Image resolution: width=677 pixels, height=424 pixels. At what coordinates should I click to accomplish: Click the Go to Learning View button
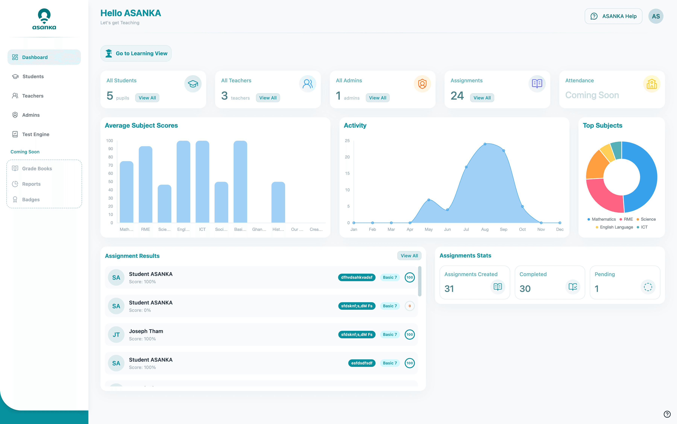point(136,53)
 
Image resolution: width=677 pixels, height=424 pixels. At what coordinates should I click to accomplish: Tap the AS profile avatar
point(656,16)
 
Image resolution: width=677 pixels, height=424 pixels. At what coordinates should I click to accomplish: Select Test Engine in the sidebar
point(36,134)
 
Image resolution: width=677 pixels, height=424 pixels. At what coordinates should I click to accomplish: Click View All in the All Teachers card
point(268,98)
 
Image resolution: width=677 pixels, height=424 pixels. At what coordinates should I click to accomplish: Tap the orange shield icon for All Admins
point(422,84)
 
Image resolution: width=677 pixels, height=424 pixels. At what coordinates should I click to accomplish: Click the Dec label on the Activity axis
point(560,229)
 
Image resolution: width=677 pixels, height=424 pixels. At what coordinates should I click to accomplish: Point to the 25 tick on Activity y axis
point(347,141)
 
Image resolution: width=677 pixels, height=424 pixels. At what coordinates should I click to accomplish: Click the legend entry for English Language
point(616,227)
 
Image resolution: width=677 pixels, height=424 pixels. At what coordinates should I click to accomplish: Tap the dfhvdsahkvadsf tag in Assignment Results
point(357,277)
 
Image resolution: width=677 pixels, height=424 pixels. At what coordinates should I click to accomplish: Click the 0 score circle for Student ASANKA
point(410,306)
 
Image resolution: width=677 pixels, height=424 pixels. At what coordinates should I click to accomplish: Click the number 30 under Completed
point(525,288)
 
